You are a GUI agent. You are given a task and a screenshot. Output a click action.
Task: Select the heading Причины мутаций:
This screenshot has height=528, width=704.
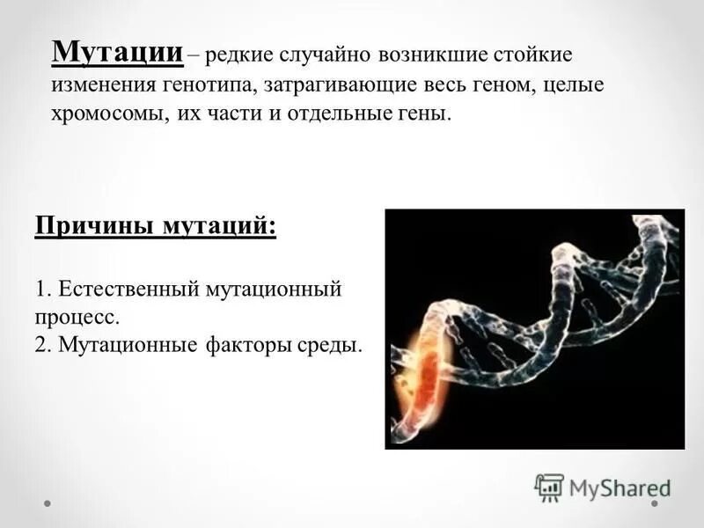click(x=156, y=226)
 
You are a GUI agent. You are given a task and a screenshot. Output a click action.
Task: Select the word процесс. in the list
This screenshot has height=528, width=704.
click(x=77, y=317)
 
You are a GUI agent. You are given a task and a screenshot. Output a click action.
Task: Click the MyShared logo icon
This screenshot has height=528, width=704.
click(x=549, y=487)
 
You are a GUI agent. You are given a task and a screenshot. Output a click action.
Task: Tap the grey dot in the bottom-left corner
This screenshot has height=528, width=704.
click(x=48, y=504)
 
